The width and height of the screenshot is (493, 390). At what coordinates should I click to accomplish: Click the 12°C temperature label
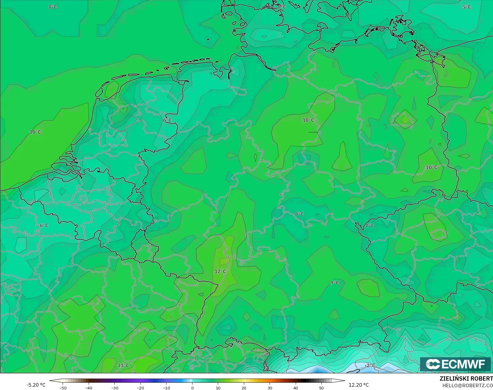pos(220,271)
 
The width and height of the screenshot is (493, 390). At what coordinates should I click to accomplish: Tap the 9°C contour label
pos(334,283)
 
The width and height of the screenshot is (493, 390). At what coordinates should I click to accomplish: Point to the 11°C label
pos(123,365)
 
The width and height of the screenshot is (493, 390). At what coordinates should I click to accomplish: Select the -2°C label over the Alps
pos(370,365)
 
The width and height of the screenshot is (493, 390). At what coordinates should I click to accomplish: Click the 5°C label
pos(467,7)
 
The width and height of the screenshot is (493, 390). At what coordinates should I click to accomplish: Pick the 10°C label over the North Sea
pos(35,132)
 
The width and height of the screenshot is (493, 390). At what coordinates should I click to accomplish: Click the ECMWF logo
pos(455,364)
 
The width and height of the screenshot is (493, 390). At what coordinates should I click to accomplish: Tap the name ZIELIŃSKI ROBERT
pos(466,379)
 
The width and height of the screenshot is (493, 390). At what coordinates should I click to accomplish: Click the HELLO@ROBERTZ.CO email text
pos(468,385)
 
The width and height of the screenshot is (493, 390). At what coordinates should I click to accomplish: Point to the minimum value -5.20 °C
pos(36,385)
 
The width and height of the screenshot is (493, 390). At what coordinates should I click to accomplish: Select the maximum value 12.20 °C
pos(359,385)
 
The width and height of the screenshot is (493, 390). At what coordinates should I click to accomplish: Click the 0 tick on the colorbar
pos(192,388)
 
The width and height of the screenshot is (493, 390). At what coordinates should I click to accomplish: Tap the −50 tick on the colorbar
pos(63,388)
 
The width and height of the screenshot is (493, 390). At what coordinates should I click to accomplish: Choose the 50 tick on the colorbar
pos(321,388)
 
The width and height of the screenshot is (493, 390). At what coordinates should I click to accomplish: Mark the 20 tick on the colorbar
pos(244,388)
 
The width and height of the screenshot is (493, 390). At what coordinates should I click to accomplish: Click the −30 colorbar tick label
pos(115,388)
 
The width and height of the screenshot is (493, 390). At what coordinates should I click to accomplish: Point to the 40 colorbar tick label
pos(296,388)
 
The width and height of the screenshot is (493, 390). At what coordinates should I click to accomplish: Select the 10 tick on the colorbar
pos(218,388)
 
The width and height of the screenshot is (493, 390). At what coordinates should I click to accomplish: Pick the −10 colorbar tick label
pos(166,388)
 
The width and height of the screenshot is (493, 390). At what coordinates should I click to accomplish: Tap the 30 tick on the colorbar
pos(270,388)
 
